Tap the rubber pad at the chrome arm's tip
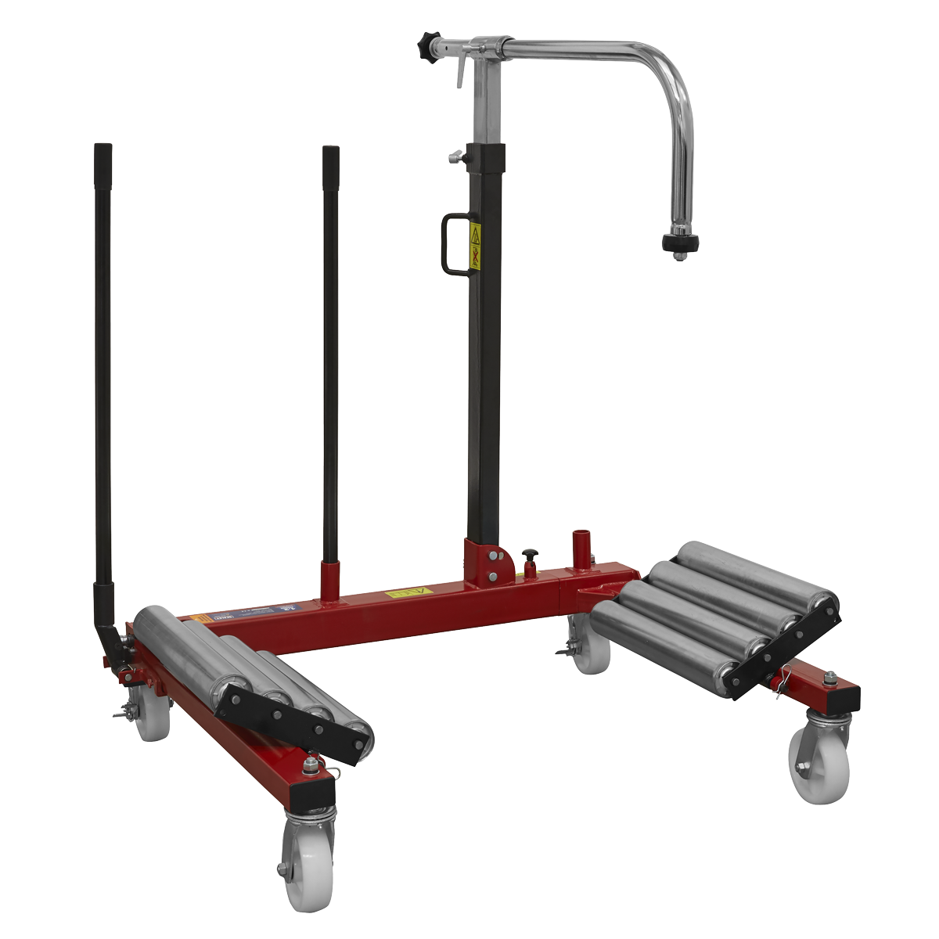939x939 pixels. tap(678, 243)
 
